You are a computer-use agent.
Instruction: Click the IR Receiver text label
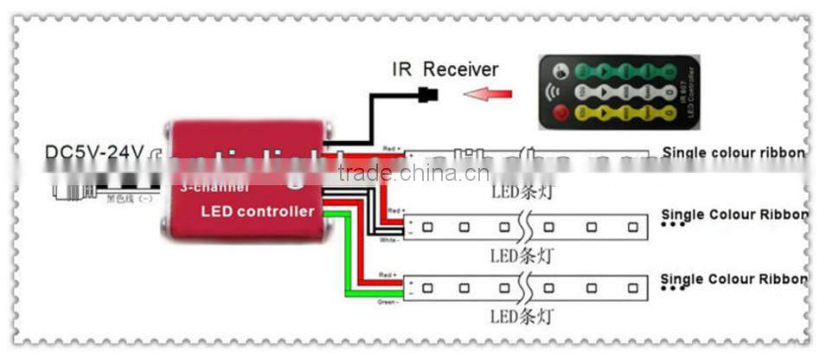coord(445,68)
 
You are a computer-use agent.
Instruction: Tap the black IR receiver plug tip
coord(427,93)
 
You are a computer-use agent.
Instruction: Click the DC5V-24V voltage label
coord(93,152)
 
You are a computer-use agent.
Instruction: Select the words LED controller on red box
coord(257,211)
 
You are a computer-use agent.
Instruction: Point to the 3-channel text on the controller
coord(214,187)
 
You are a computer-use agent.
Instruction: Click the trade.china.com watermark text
coord(413,173)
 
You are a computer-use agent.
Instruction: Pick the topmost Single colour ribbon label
coord(733,153)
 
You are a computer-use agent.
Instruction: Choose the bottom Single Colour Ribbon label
coord(733,279)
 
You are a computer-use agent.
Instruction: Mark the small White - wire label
coord(390,240)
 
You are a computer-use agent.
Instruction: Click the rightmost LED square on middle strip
coord(633,228)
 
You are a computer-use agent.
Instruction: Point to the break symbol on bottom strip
coord(524,286)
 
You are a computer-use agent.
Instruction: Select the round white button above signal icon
coord(560,72)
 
